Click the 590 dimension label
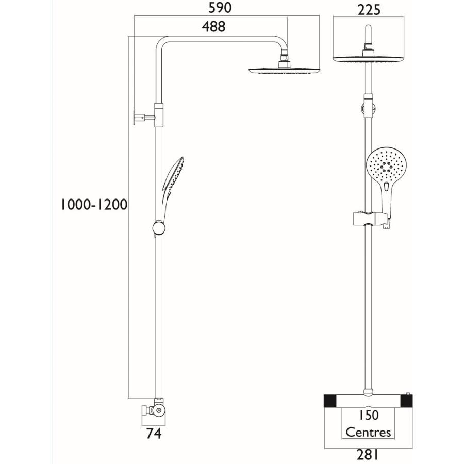[221, 8]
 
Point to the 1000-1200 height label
[93, 205]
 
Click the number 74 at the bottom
[154, 434]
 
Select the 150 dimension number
[368, 415]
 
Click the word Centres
[368, 432]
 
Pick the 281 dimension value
[368, 454]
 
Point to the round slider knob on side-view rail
[159, 228]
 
